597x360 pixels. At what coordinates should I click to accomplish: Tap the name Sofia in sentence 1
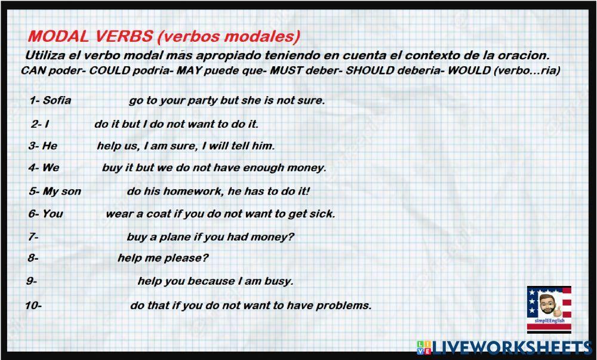pos(57,100)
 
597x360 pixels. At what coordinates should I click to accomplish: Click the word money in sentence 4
pos(306,168)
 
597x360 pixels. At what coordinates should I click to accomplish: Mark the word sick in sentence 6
pos(322,214)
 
